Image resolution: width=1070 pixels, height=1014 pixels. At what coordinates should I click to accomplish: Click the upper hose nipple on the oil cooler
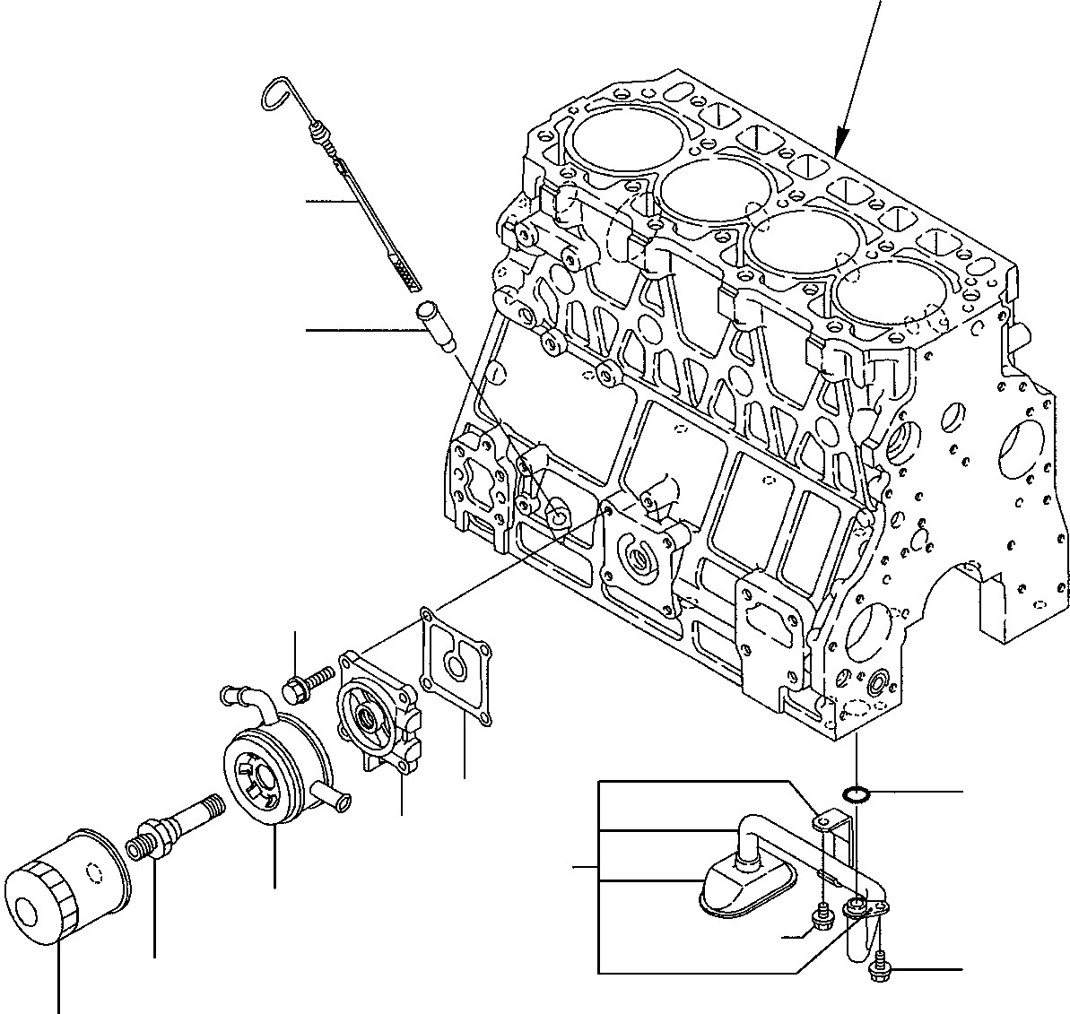pos(235,694)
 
